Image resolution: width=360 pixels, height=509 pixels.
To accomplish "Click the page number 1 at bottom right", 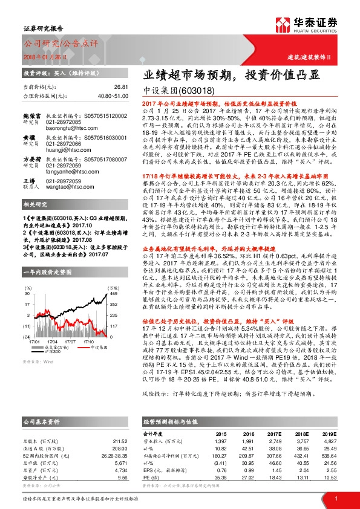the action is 335,498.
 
